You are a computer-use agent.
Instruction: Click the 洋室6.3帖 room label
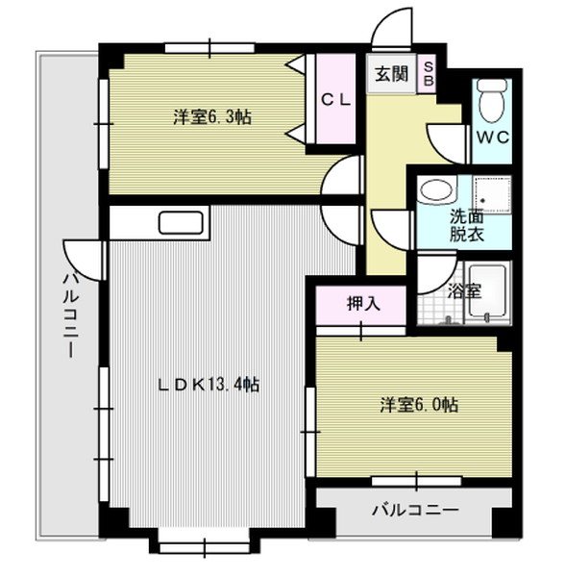212,118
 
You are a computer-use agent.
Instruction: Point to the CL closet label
335,98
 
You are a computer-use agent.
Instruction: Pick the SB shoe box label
429,74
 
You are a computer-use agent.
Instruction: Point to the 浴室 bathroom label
465,290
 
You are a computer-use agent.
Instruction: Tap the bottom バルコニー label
415,510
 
